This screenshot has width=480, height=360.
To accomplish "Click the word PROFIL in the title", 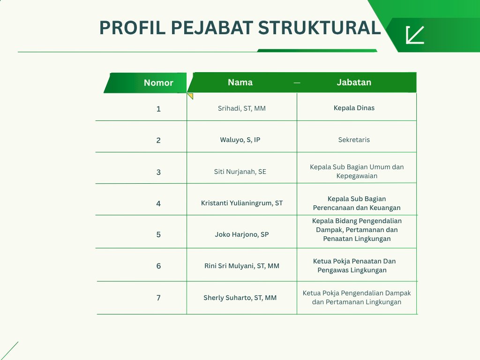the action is (133, 28).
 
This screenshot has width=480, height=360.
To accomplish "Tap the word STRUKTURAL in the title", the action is (319, 28).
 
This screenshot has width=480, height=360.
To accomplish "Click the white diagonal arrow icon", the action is (415, 35).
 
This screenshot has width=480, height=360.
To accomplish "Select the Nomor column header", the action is (158, 82).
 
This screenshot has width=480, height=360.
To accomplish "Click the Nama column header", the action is (240, 82).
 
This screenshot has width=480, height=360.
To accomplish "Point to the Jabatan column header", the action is (354, 82).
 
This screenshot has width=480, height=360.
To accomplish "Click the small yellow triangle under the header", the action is (190, 96).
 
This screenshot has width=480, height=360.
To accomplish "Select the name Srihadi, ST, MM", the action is (241, 108).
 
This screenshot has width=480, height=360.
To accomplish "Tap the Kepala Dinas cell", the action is (354, 108).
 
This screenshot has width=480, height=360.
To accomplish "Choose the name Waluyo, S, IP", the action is (240, 140).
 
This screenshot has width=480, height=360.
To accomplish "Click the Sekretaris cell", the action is (354, 140).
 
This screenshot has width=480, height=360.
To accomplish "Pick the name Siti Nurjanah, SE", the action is (240, 172).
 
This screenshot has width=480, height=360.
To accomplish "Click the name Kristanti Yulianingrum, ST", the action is (242, 203).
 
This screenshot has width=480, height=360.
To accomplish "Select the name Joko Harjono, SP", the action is (242, 234).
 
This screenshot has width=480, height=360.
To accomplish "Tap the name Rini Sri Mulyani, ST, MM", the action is (242, 266).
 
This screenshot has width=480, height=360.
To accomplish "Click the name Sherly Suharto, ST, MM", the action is (240, 298).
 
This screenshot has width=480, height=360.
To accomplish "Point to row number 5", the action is (158, 235).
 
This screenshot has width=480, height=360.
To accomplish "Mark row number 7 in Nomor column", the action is (158, 298).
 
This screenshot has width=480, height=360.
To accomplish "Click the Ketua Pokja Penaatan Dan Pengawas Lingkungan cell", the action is (354, 266).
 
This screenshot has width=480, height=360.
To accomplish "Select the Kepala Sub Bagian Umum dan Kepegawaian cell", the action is (357, 172).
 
